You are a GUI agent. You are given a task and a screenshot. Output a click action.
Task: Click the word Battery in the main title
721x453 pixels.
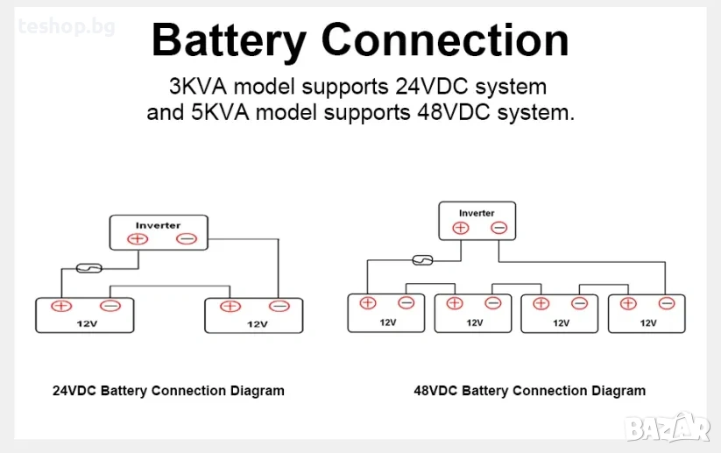pos(229,40)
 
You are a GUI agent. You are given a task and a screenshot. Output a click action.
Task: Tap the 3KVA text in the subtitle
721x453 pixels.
pos(200,88)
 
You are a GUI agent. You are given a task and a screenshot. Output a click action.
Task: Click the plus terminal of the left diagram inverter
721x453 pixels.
pos(138,239)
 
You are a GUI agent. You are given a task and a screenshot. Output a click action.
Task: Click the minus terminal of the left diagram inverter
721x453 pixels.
pos(186,239)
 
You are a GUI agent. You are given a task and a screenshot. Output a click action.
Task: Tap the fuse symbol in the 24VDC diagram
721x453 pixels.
pos(89,267)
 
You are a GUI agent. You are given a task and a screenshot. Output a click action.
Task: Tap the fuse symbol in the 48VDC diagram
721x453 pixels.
pos(421,259)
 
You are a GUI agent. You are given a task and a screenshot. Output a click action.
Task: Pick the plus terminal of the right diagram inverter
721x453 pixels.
pos(461,228)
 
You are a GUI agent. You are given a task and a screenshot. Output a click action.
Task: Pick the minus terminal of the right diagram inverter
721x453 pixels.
pos(498,228)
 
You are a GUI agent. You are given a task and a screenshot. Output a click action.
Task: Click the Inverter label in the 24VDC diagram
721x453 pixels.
pos(158,225)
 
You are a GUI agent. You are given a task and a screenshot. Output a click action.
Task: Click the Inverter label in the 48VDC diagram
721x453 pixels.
pos(477,213)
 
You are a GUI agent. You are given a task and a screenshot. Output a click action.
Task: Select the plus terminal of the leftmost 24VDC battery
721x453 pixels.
pos(61,306)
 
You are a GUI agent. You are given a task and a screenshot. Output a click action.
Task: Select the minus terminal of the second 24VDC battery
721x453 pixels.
pos(279,306)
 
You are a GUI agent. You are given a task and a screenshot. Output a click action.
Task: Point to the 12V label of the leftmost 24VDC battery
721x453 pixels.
pos(84,323)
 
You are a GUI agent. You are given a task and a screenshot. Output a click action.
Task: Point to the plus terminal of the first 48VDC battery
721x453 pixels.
pos(368,303)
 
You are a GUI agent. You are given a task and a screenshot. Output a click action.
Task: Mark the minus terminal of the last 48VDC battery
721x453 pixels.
pos(667,303)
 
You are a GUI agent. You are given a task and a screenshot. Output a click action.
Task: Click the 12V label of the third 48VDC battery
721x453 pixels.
pos(561,322)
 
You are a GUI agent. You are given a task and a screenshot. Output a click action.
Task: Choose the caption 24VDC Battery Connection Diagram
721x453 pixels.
pos(168,391)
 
